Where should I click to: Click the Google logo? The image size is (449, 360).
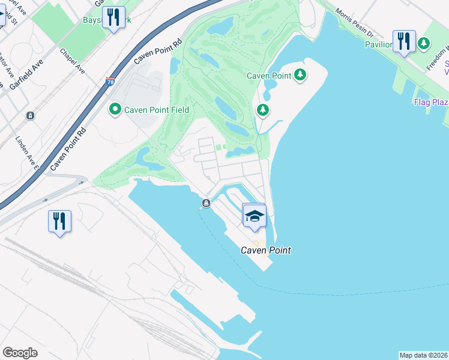click(x=20, y=353)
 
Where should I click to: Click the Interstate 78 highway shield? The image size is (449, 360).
click(x=110, y=81)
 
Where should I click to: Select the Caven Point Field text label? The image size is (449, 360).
click(x=156, y=110)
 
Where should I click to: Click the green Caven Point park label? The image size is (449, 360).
click(x=270, y=76)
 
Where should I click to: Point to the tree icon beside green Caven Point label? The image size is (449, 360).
click(x=300, y=75)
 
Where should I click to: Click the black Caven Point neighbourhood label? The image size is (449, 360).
click(x=266, y=250)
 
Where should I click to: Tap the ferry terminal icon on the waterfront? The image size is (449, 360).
click(x=206, y=203)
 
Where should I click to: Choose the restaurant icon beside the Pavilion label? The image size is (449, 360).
click(x=404, y=41)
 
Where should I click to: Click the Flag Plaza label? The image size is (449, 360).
click(x=431, y=102)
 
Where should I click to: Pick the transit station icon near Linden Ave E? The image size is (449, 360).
click(x=29, y=115)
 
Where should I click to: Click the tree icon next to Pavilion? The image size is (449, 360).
click(x=424, y=43)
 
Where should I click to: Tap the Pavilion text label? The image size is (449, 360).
click(x=379, y=44)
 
